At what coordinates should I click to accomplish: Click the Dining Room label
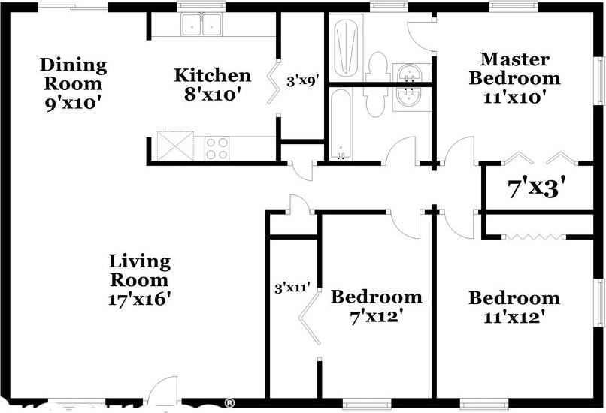(73, 82)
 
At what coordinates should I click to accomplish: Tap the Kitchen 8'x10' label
(212, 84)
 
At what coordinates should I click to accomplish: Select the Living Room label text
(140, 280)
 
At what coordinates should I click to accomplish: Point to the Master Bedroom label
(515, 77)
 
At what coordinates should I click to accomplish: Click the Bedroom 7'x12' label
(376, 306)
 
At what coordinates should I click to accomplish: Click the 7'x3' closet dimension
(537, 187)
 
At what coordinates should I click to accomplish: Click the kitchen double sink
(201, 24)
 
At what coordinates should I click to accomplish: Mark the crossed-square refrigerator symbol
(174, 145)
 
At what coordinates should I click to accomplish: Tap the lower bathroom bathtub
(341, 124)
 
